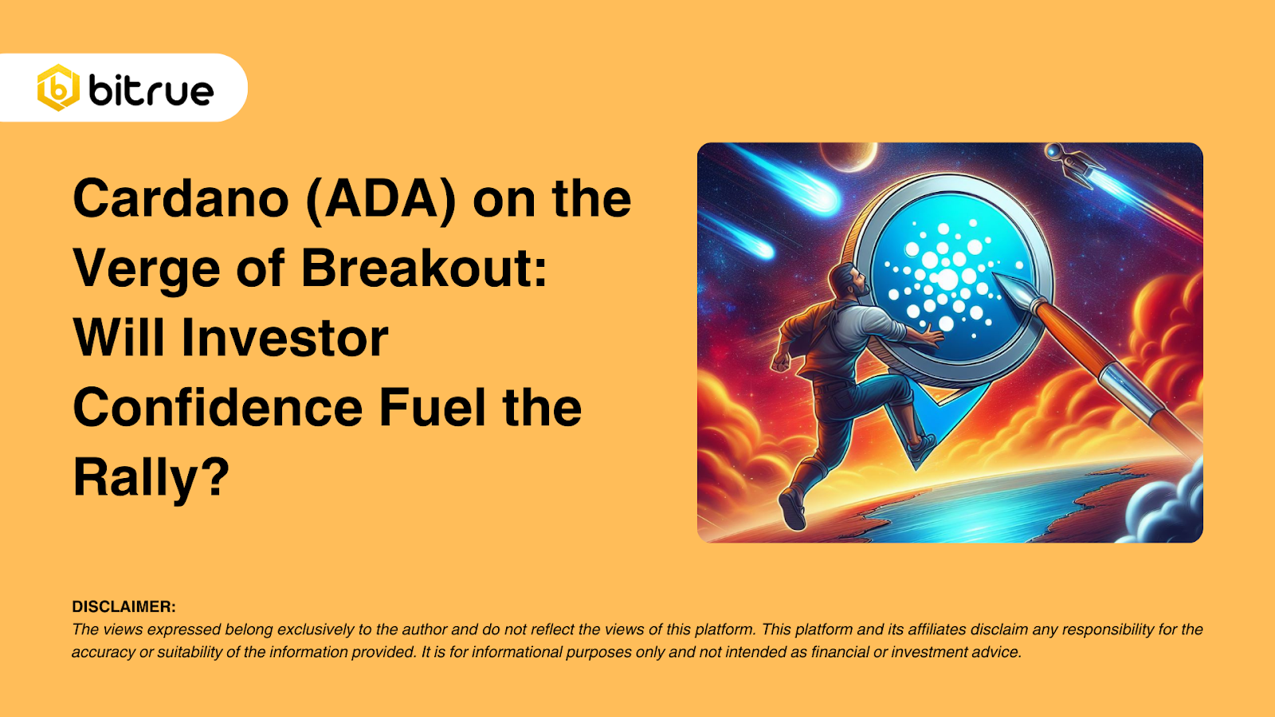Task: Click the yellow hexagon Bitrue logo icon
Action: coord(58,88)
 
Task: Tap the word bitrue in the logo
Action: coord(151,90)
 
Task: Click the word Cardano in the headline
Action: coord(181,198)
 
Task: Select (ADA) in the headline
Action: coord(381,200)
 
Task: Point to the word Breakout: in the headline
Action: coord(424,268)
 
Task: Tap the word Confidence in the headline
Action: coord(218,407)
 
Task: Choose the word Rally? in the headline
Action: coord(151,478)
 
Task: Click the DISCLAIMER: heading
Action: coord(124,606)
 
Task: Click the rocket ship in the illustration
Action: coord(1073,164)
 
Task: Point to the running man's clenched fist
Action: coord(779,362)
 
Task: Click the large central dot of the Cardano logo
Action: coord(947,280)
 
